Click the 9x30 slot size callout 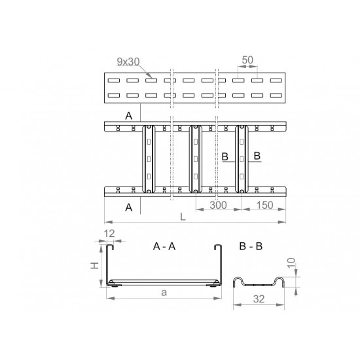coord(128,62)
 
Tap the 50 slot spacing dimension coord(247,60)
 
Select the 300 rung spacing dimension coord(218,205)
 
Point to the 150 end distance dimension coord(264,205)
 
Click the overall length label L coord(183,217)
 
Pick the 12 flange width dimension coord(109,234)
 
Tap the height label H coord(95,266)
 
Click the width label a coord(164,293)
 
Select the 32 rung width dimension coord(259,299)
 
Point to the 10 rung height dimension coord(291,263)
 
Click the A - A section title coord(164,246)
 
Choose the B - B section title coord(251,246)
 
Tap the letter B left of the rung coord(225,156)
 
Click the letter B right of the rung coord(257,156)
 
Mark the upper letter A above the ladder coord(129,116)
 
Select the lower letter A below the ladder coord(129,207)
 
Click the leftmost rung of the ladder coord(149,159)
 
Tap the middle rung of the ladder coord(196,159)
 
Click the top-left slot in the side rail coord(114,81)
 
